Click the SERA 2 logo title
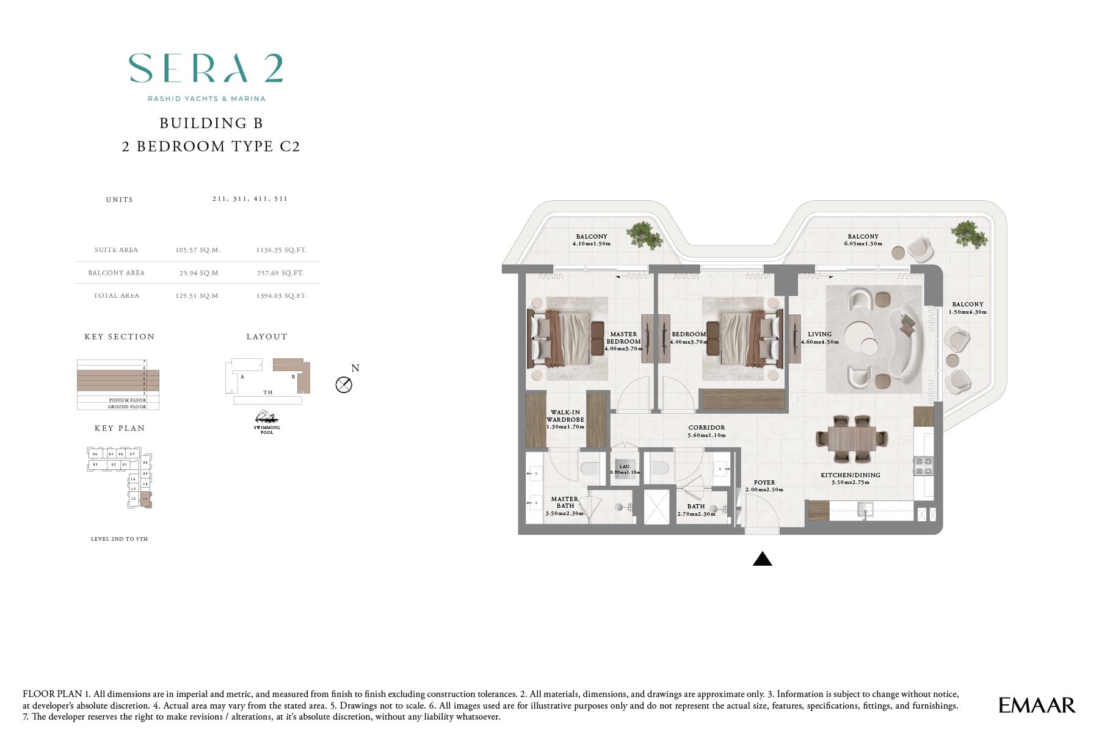(x=206, y=68)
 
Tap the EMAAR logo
(x=1036, y=705)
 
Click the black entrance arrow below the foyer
(x=762, y=558)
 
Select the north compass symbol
(x=344, y=385)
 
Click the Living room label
(x=819, y=334)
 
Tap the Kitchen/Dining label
(x=850, y=475)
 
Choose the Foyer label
(x=764, y=483)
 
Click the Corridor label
(x=706, y=428)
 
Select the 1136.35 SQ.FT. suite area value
(x=281, y=250)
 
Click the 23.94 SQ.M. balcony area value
(x=197, y=273)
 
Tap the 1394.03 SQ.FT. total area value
(x=281, y=295)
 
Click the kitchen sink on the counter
(x=865, y=508)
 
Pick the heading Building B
(x=211, y=123)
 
